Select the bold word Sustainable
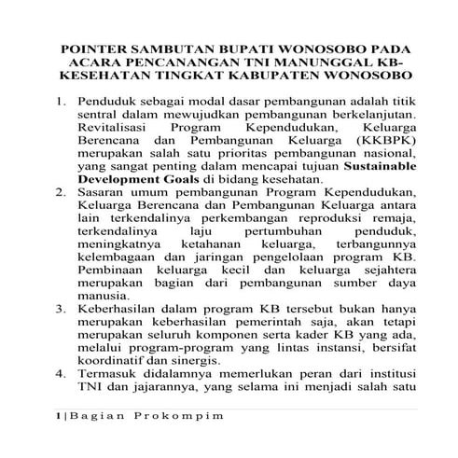coord(358,164)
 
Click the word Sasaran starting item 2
coord(104,190)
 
